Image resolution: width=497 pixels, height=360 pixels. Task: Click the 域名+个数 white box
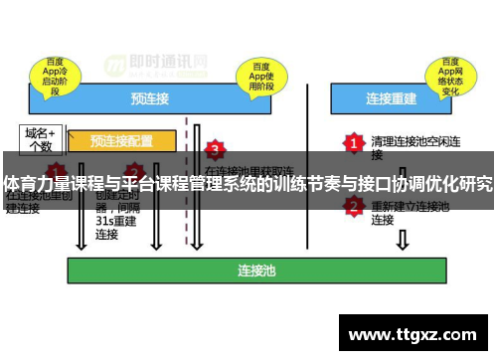pyautogui.click(x=41, y=138)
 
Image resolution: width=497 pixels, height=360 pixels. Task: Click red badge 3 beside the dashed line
pyautogui.click(x=215, y=150)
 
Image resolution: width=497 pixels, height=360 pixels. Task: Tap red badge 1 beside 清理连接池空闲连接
pyautogui.click(x=352, y=143)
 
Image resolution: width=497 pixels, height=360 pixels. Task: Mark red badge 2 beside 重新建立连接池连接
pyautogui.click(x=353, y=206)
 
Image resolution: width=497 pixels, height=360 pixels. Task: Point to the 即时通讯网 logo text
pyautogui.click(x=170, y=59)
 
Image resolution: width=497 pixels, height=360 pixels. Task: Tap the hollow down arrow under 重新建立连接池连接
pyautogui.click(x=402, y=240)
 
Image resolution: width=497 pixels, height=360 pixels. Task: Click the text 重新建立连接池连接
pyautogui.click(x=410, y=212)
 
